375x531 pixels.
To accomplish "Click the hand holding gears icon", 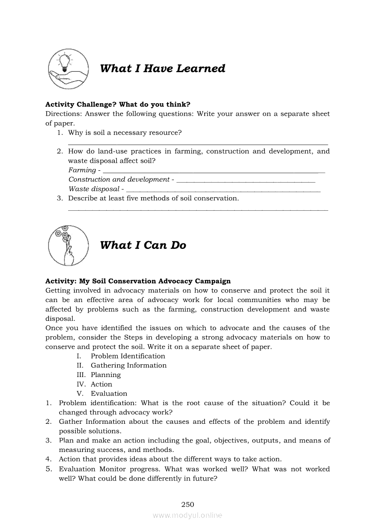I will [x=67, y=245].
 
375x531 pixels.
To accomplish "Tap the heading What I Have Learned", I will [x=163, y=69].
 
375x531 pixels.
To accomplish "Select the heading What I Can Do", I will [x=143, y=245].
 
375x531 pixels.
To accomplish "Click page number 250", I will [x=187, y=504].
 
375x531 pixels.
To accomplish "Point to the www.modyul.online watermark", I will [x=187, y=515].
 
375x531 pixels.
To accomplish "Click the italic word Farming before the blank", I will [x=82, y=170].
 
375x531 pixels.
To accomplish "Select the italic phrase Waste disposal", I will [x=94, y=189].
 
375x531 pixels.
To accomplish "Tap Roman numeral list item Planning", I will [x=105, y=375].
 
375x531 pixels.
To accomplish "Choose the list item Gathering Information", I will [x=128, y=365].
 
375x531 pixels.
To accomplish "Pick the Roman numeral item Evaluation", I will [x=109, y=393].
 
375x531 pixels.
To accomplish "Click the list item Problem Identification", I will [x=128, y=356].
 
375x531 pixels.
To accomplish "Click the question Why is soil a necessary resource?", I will [x=125, y=133].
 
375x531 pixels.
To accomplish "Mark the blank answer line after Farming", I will [x=214, y=172].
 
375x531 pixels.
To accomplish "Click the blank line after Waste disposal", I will [x=223, y=191].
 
